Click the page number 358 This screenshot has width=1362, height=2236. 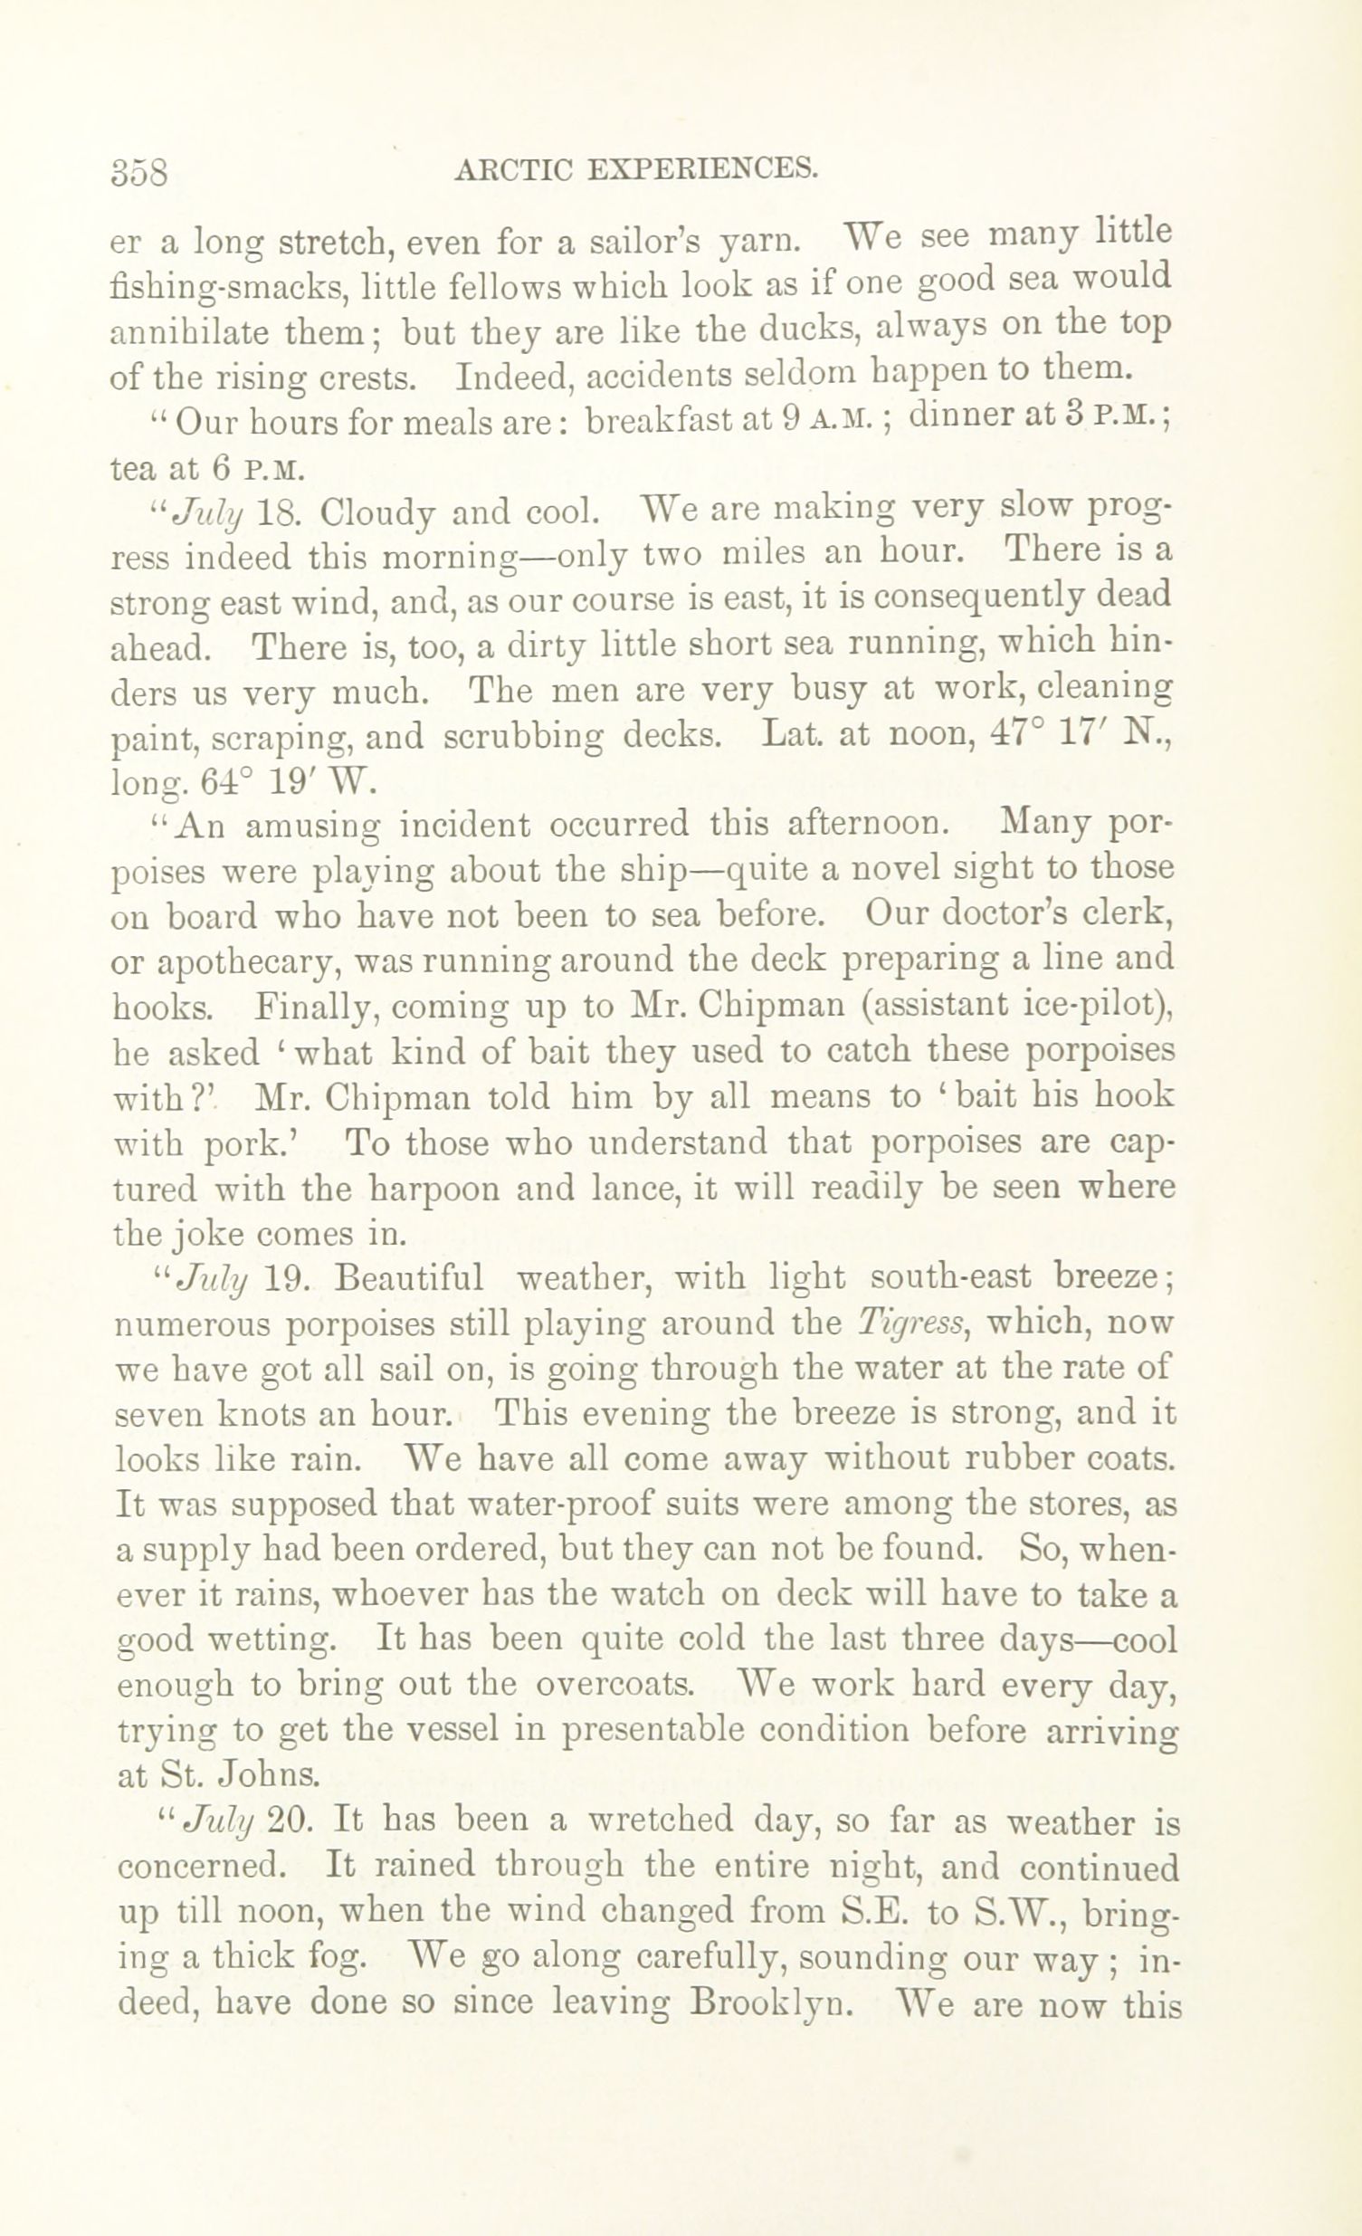tap(139, 170)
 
